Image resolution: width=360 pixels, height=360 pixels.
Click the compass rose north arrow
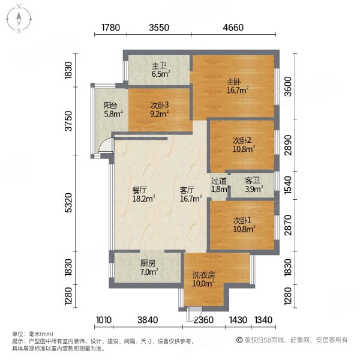pyautogui.click(x=19, y=19)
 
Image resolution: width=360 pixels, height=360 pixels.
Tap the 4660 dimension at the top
pyautogui.click(x=233, y=28)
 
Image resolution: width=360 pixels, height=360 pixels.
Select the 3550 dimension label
pyautogui.click(x=159, y=28)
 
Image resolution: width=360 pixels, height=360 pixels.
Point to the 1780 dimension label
pyautogui.click(x=110, y=28)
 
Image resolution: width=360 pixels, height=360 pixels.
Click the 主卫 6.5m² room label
pyautogui.click(x=160, y=70)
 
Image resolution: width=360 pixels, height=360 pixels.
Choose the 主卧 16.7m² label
pyautogui.click(x=238, y=86)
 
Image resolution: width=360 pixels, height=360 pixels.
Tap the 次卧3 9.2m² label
pyautogui.click(x=160, y=109)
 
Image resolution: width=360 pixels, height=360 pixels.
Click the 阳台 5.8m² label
pyautogui.click(x=113, y=110)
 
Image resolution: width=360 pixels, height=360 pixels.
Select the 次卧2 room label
pyautogui.click(x=244, y=145)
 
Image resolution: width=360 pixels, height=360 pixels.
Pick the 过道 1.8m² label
pyautogui.click(x=220, y=185)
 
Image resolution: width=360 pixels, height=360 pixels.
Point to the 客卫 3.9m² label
pyautogui.click(x=254, y=185)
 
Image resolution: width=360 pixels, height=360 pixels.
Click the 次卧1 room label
pyautogui.click(x=244, y=225)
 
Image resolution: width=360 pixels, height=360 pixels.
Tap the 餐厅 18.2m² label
pyautogui.click(x=143, y=194)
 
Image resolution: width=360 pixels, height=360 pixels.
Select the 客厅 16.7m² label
pyautogui.click(x=191, y=194)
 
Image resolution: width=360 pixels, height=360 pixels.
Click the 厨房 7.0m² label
pyautogui.click(x=149, y=268)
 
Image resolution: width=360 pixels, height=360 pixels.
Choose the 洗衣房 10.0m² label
pyautogui.click(x=203, y=279)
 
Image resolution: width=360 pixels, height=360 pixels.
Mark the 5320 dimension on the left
pyautogui.click(x=68, y=203)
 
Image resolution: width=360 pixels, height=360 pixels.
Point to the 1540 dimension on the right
pyautogui.click(x=288, y=185)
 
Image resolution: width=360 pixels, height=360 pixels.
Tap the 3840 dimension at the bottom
pyautogui.click(x=148, y=320)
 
